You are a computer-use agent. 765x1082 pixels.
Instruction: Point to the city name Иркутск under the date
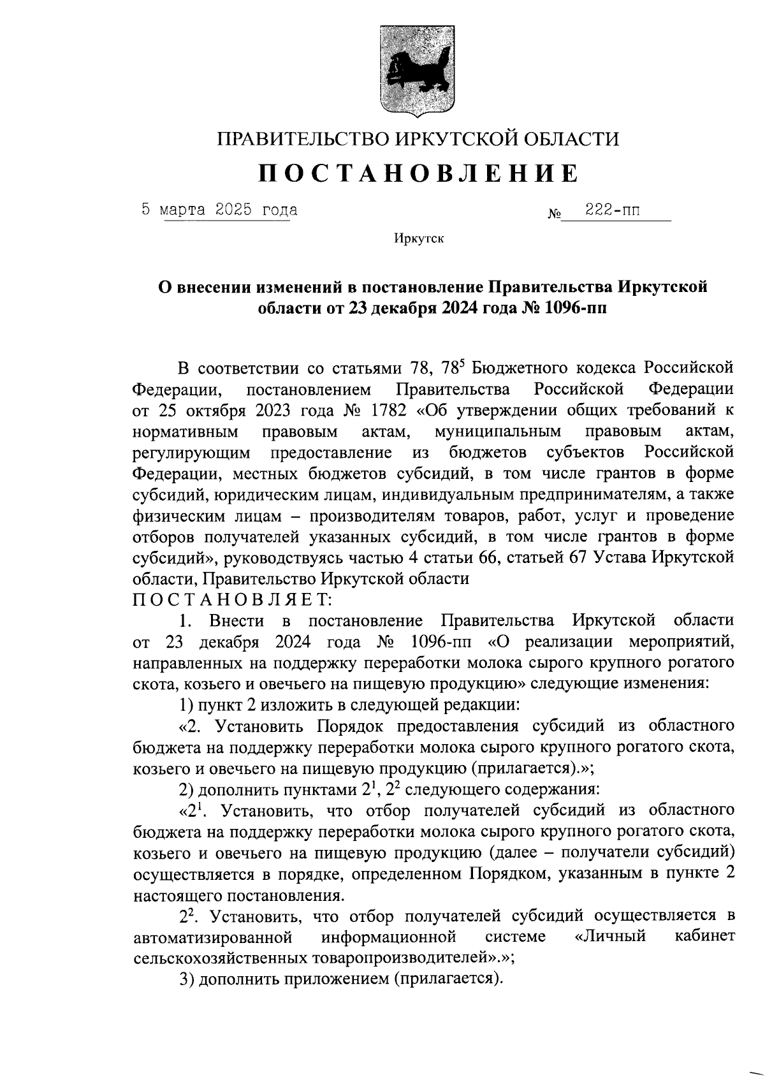418,239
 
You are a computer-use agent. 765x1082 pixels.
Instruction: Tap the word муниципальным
498,432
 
